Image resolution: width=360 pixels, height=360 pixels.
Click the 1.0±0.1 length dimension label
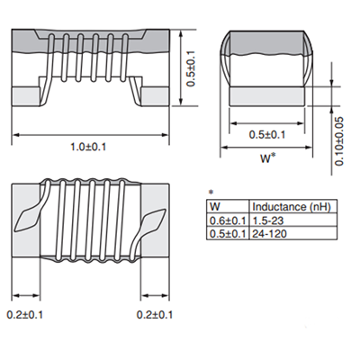click(88, 147)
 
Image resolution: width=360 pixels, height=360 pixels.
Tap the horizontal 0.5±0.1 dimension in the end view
click(266, 136)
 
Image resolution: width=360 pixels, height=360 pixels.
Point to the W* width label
click(266, 159)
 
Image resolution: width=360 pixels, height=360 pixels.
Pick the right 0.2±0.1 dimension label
click(154, 314)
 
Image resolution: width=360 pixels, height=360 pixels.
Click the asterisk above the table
click(211, 193)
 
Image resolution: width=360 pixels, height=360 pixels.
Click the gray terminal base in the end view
click(266, 94)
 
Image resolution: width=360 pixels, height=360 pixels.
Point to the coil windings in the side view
click(88, 63)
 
